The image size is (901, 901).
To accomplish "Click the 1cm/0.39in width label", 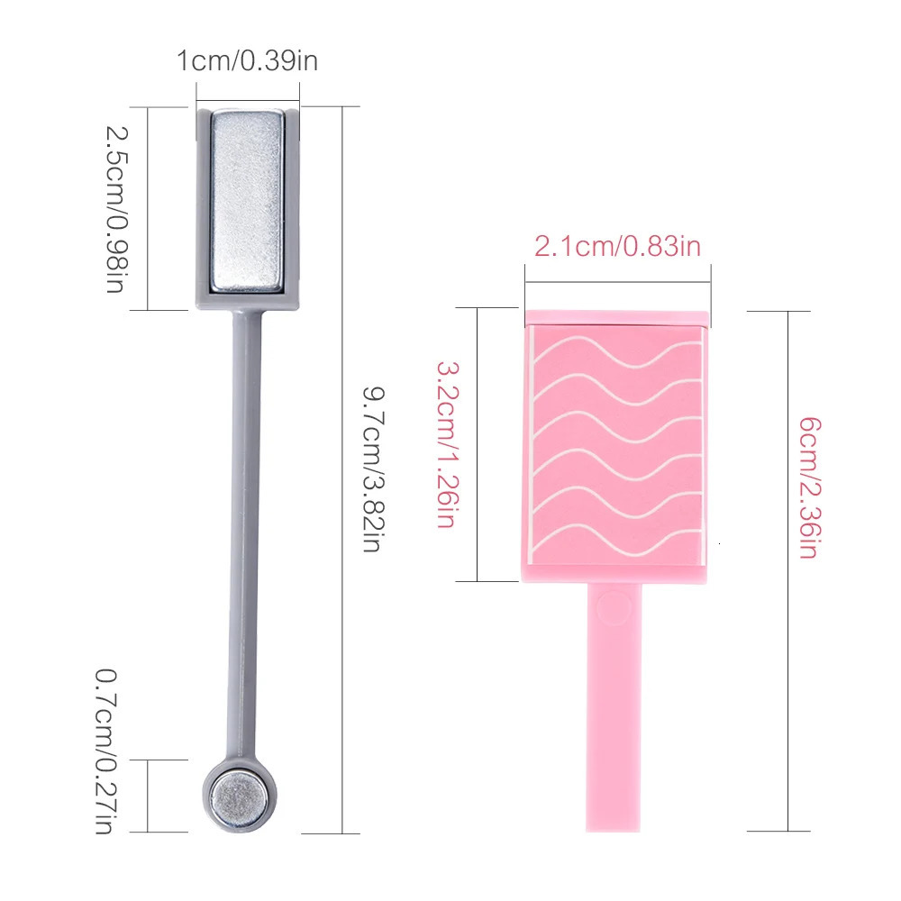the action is tap(247, 61).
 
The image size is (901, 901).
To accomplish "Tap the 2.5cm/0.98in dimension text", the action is tap(116, 210).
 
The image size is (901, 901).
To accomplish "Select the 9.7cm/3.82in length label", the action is tap(374, 469).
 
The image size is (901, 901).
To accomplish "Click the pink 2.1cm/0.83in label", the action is tap(618, 247).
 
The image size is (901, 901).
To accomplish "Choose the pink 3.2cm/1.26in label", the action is tap(448, 445).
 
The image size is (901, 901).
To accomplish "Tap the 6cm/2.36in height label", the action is tap(810, 487).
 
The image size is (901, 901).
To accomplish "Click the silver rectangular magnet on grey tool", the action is tap(247, 201).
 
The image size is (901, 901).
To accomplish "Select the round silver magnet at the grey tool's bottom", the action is tap(239, 796).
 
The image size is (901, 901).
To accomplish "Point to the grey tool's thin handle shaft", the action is tap(245, 534).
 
